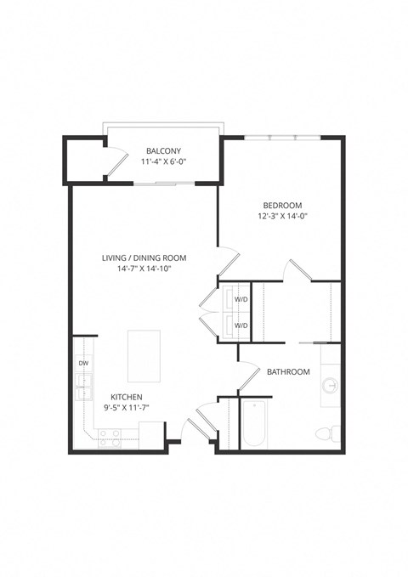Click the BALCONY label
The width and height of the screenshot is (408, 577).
click(x=163, y=151)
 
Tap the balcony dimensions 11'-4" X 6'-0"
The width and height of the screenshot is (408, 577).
click(x=163, y=162)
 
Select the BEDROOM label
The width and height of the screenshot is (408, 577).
click(x=283, y=205)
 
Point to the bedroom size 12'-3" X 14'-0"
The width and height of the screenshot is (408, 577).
click(x=283, y=216)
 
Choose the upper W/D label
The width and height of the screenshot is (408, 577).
click(x=241, y=299)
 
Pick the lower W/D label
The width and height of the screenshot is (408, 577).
click(x=241, y=325)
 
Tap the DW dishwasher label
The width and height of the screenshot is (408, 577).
click(x=83, y=363)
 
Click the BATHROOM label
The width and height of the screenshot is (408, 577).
click(x=288, y=372)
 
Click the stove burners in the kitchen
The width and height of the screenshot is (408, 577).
click(x=110, y=437)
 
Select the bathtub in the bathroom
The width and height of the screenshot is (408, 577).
click(x=255, y=425)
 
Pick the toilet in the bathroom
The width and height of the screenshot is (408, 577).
click(x=325, y=433)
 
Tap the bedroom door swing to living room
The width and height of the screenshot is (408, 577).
click(x=228, y=260)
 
